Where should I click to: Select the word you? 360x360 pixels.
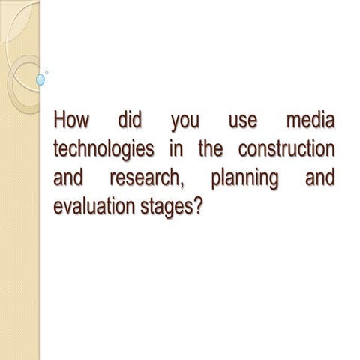184,122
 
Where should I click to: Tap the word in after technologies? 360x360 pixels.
176,148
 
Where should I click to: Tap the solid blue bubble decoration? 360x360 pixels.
40,78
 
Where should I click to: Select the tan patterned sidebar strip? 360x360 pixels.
19,225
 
